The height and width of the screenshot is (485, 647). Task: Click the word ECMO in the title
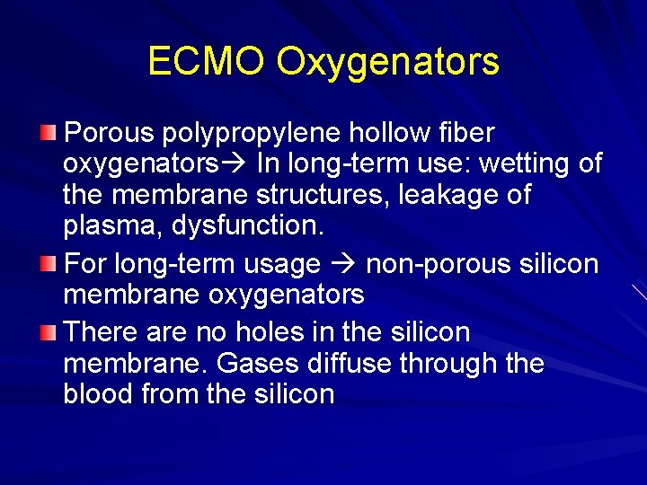point(206,61)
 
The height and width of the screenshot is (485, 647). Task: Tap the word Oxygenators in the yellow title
point(387,63)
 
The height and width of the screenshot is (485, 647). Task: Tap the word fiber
point(464,133)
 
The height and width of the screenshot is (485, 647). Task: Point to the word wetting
point(527,165)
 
